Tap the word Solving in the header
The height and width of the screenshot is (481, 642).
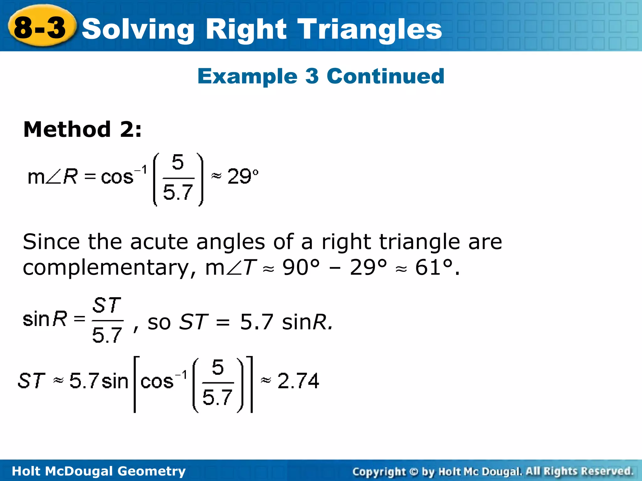point(138,30)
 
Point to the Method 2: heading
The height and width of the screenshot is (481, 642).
point(82,129)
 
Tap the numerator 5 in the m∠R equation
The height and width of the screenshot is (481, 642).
point(178,163)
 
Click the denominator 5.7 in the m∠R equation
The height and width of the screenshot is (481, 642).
point(178,192)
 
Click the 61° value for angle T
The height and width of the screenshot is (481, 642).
point(434,268)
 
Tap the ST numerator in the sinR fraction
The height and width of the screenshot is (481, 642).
point(107,306)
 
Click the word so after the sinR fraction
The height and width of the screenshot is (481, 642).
point(159,323)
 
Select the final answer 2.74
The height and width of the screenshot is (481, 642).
point(298,381)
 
